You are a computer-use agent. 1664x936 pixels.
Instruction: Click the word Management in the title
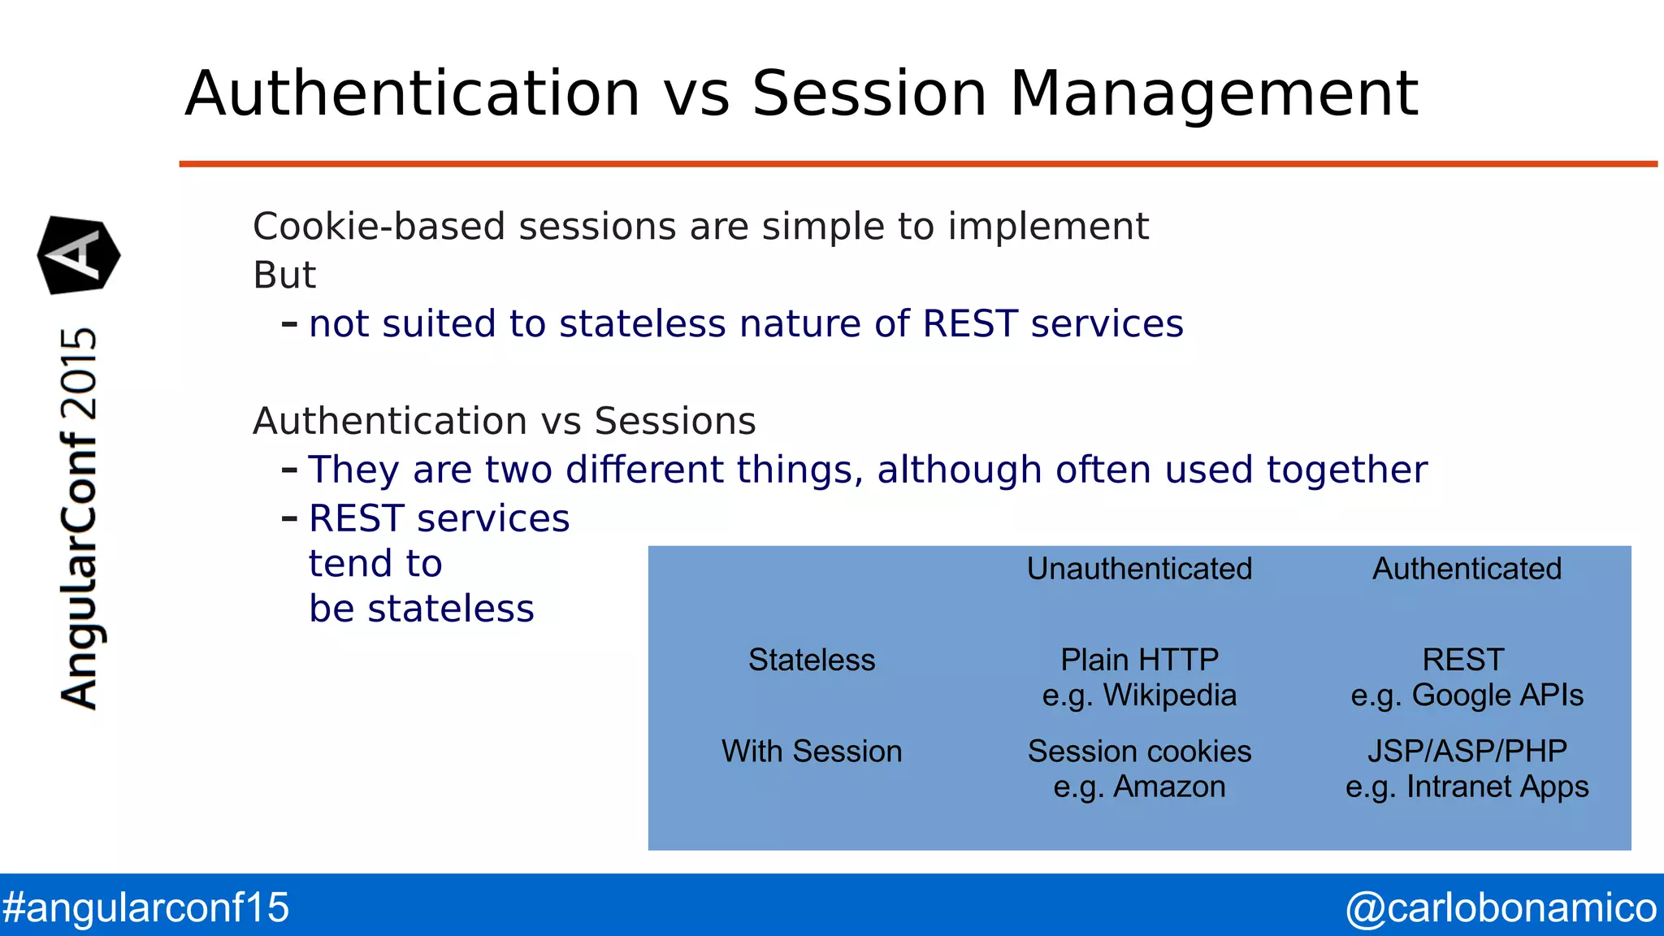click(1214, 94)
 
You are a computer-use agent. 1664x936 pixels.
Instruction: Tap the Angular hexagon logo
click(79, 255)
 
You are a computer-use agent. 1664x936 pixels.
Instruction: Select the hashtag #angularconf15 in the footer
click(145, 908)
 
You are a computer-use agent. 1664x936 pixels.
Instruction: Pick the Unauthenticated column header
click(1139, 569)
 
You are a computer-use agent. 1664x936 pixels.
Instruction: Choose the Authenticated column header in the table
click(1467, 569)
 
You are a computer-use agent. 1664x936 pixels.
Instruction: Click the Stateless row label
click(812, 660)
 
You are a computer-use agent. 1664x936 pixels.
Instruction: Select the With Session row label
click(812, 752)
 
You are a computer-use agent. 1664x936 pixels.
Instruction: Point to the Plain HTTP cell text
click(1139, 660)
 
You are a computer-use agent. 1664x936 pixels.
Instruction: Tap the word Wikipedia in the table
click(1170, 695)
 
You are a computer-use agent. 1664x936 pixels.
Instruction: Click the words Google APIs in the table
click(1497, 695)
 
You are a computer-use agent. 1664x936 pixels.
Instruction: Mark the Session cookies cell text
click(1139, 752)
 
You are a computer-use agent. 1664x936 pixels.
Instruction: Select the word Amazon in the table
click(1169, 787)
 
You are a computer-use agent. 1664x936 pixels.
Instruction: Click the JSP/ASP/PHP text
click(1467, 752)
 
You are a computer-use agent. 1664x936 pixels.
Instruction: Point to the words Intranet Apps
click(1497, 787)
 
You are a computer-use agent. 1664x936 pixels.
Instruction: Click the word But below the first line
click(284, 275)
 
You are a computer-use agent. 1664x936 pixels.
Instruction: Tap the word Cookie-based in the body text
click(379, 227)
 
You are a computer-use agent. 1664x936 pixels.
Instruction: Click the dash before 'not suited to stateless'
click(289, 324)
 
